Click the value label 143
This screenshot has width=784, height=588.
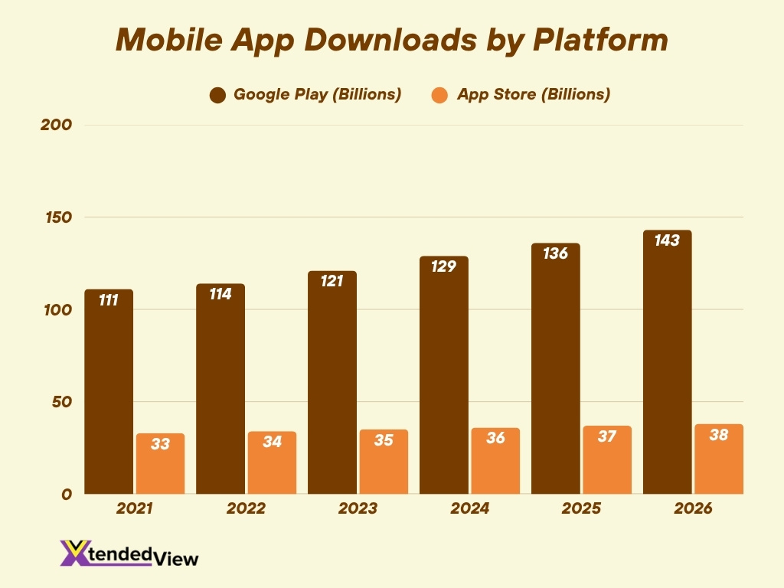tap(666, 240)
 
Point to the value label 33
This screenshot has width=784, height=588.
tap(160, 443)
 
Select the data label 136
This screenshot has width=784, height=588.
tap(555, 253)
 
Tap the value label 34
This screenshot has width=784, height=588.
tap(272, 442)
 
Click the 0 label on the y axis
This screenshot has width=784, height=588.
tap(67, 495)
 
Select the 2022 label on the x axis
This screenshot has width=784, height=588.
tap(246, 509)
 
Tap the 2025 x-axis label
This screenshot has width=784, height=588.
tap(581, 509)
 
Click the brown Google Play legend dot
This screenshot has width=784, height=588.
tap(217, 96)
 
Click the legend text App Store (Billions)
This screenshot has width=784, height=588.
tap(533, 95)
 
